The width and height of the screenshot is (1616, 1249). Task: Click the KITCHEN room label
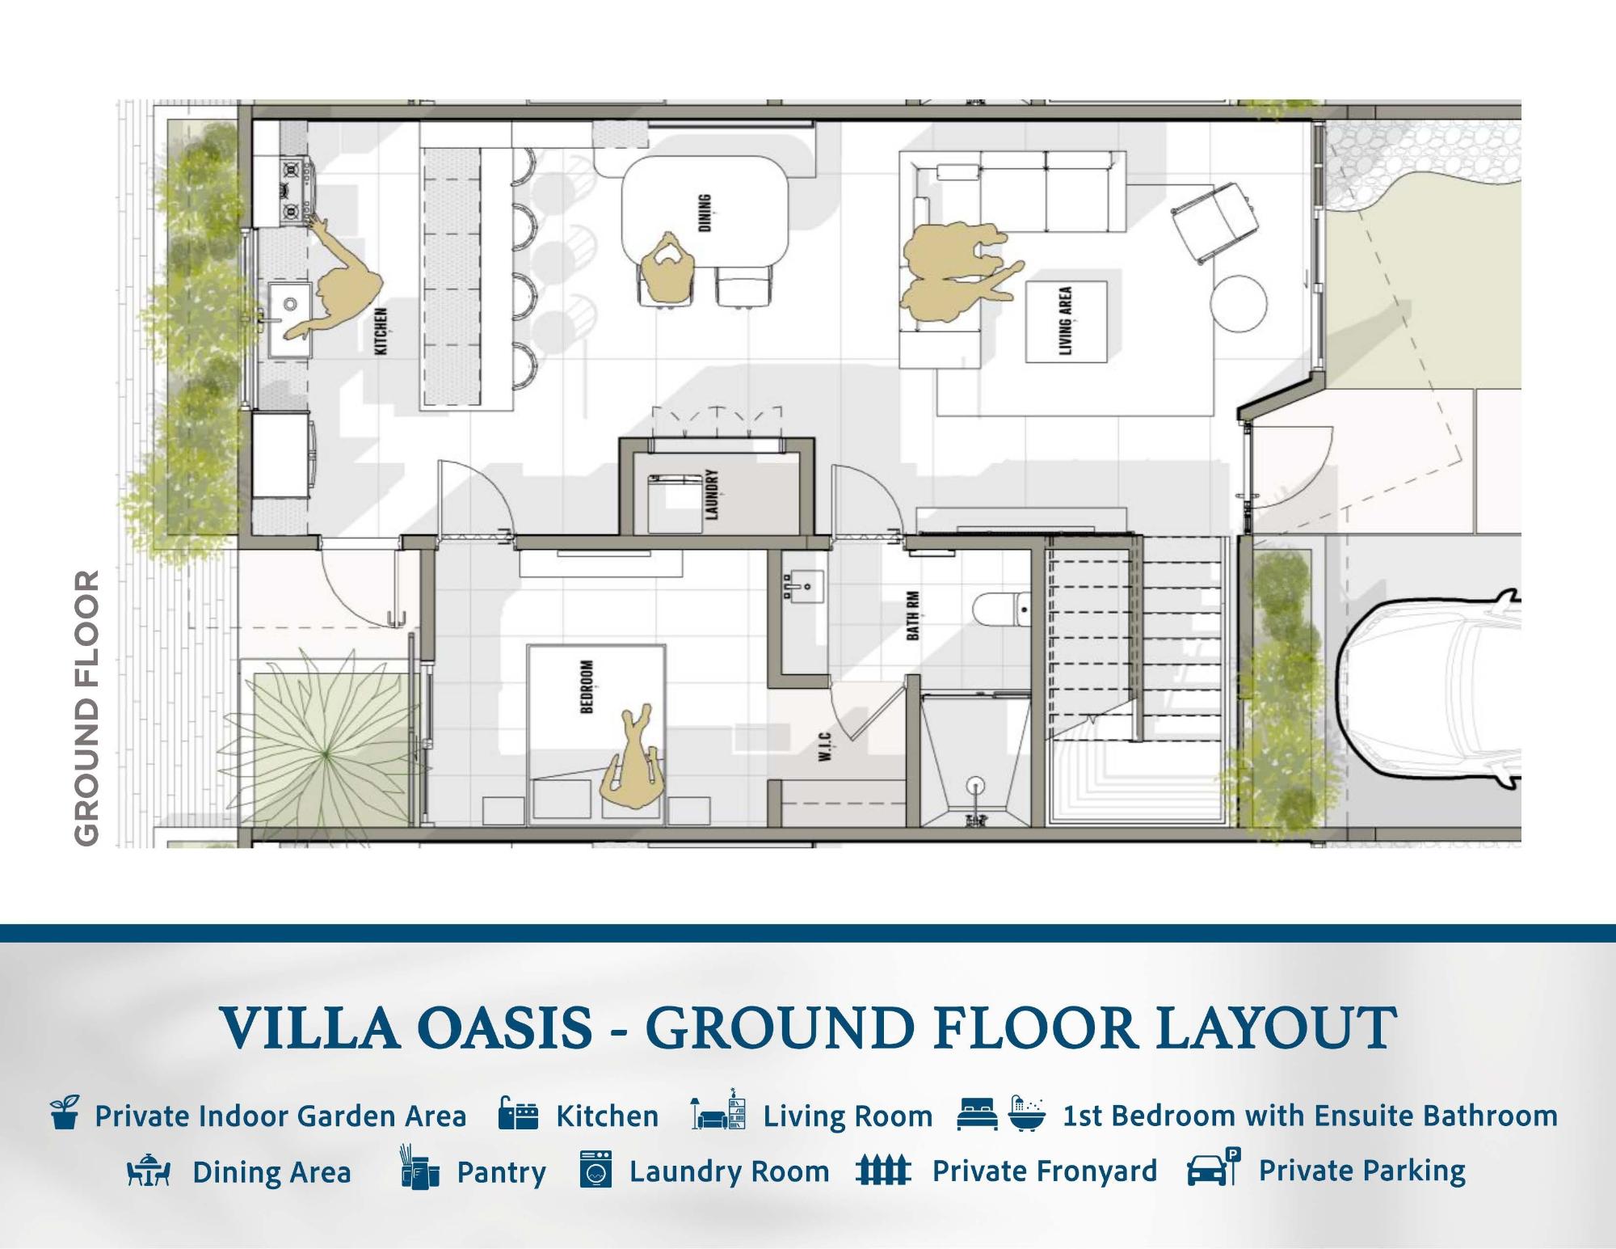[x=382, y=331]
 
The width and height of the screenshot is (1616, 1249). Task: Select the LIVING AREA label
[x=1066, y=321]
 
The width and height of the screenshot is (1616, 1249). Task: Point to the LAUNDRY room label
[x=712, y=494]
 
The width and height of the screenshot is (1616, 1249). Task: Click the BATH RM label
[x=912, y=615]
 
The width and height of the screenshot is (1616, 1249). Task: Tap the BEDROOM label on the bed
[x=587, y=687]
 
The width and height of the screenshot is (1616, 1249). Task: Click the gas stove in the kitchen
[x=296, y=192]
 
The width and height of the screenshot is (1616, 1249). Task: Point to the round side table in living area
[x=1239, y=304]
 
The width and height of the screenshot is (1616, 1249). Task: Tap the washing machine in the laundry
[x=675, y=504]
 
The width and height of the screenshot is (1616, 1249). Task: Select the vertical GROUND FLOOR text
[x=86, y=708]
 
